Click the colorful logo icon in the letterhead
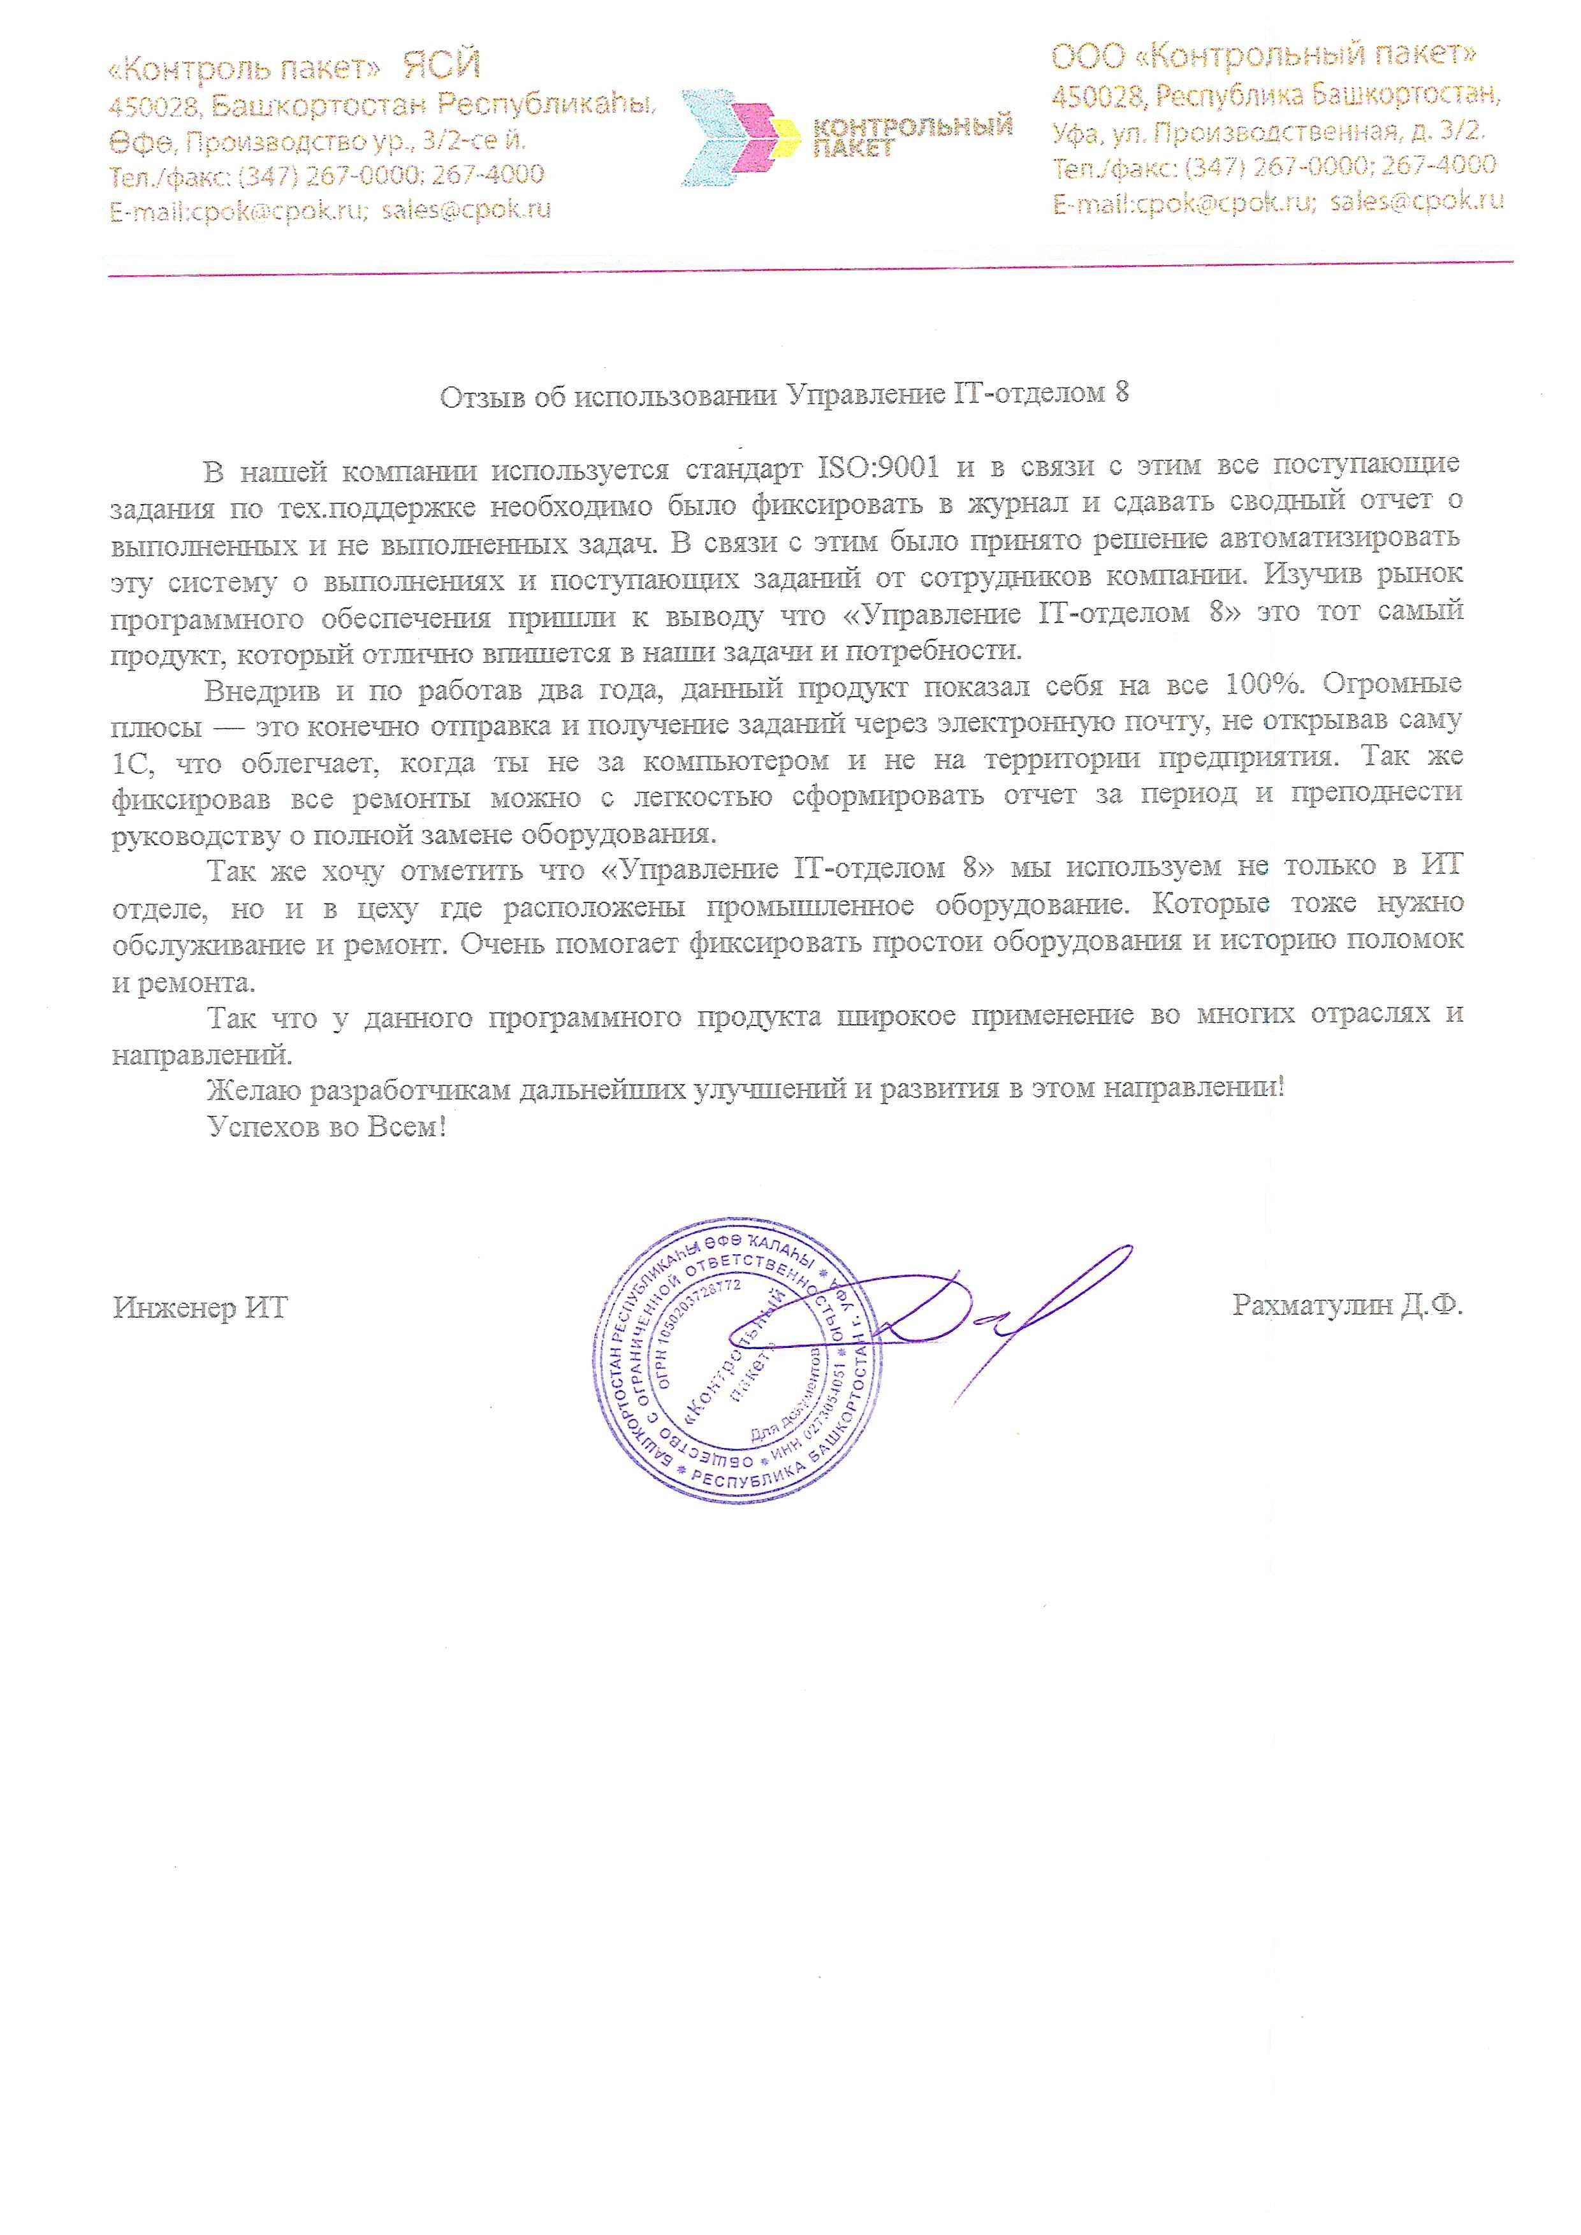coord(741,136)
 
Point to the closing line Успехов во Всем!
coord(327,1127)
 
